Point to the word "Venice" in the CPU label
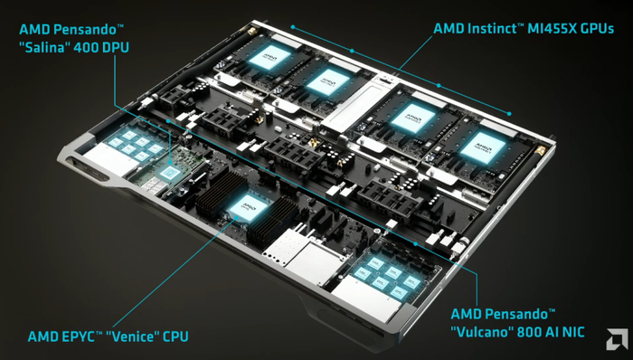click(x=131, y=336)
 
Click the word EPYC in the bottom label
click(x=78, y=336)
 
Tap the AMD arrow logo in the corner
click(x=617, y=339)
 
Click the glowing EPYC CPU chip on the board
click(x=249, y=207)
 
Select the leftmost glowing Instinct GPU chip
click(x=269, y=58)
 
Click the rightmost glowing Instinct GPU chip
click(x=483, y=147)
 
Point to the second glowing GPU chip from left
click(x=327, y=82)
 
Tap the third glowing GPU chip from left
click(x=413, y=118)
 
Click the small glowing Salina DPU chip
click(x=169, y=173)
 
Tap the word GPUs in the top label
click(x=599, y=29)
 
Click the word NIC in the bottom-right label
click(x=572, y=332)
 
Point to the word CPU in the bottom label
click(x=175, y=336)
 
